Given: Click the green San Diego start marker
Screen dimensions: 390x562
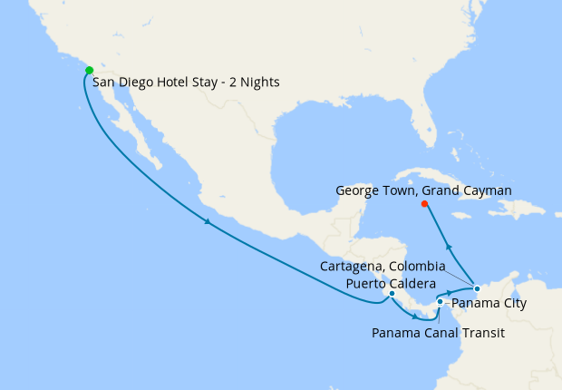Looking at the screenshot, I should point(89,70).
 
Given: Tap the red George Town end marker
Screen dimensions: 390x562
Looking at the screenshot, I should point(424,203).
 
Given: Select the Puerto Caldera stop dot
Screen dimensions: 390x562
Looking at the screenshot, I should point(391,293).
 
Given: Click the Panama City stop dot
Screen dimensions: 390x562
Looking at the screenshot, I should point(440,302).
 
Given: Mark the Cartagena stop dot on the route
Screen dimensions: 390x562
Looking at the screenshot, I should point(477,288).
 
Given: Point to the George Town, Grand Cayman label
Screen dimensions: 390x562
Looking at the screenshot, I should point(424,190).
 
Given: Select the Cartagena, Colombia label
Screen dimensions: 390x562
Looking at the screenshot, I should point(383,267).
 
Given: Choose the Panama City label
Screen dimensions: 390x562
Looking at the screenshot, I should point(489,303).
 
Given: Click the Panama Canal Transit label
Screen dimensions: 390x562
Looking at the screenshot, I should point(438,333).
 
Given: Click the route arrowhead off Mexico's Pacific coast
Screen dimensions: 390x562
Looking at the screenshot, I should point(208,222).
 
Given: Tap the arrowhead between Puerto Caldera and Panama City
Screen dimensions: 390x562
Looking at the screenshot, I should point(415,317).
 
